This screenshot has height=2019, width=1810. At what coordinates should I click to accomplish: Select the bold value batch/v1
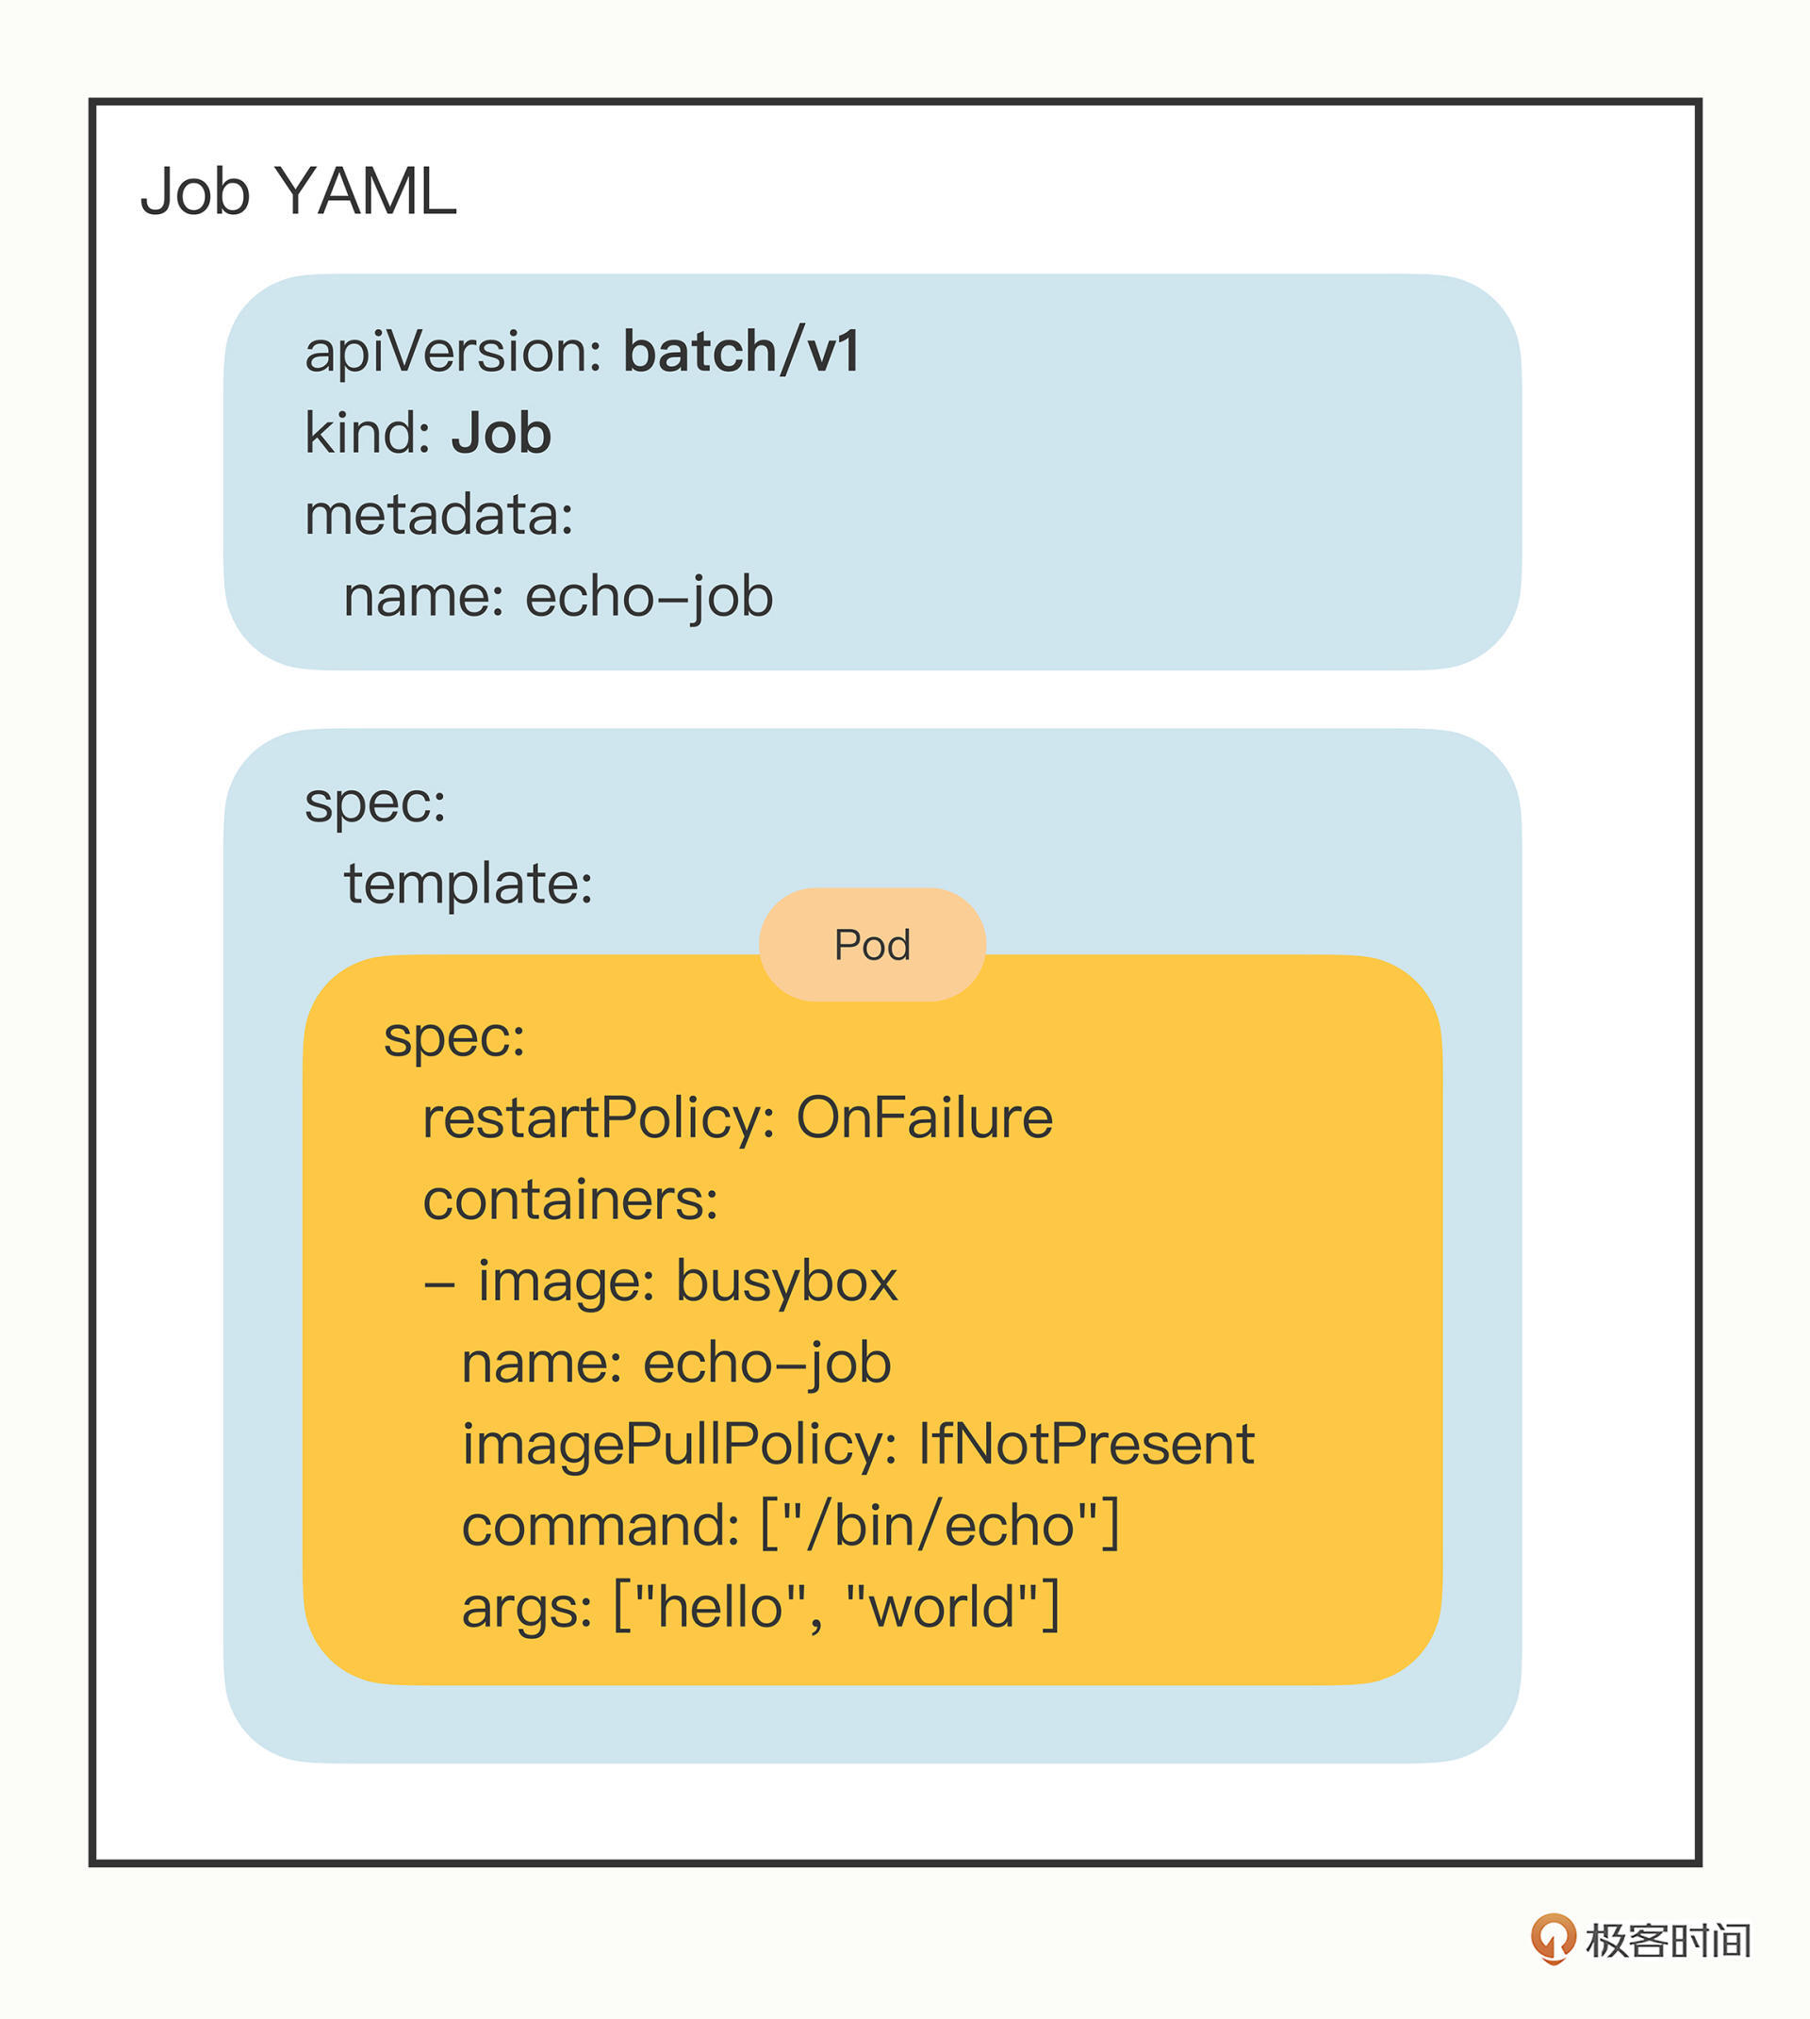tap(741, 352)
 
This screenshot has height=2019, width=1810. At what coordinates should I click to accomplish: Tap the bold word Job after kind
tap(502, 435)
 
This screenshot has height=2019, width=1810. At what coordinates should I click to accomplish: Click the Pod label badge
tap(872, 945)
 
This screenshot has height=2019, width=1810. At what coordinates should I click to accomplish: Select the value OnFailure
tap(924, 1117)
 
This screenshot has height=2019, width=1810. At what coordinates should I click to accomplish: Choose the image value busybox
tap(785, 1281)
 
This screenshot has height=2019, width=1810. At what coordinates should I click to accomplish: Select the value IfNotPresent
tap(1085, 1444)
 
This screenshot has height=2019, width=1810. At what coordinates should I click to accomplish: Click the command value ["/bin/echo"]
tap(940, 1526)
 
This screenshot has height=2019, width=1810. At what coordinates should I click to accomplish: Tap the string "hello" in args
tap(718, 1607)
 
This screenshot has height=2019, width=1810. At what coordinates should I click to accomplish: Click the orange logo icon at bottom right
tap(1553, 1939)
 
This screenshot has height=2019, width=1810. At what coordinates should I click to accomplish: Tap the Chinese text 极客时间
tap(1668, 1941)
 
